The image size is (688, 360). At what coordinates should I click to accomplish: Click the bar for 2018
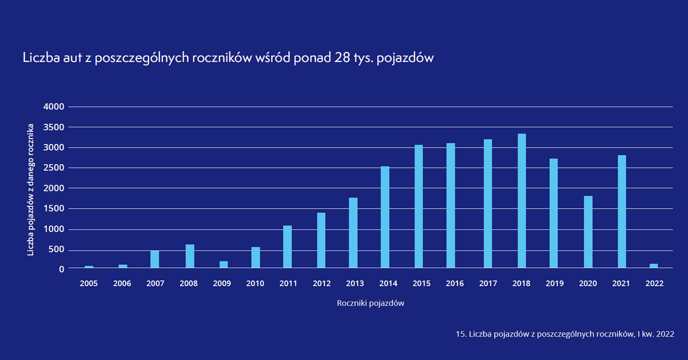[x=522, y=201]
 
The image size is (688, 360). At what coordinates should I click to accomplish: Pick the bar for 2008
[x=190, y=256]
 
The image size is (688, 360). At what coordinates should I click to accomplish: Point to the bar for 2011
[x=287, y=246]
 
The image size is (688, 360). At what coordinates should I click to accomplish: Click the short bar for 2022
[x=654, y=265]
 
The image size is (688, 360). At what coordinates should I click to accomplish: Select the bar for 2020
[x=588, y=232]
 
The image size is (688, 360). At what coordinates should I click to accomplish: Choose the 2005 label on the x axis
[x=89, y=283]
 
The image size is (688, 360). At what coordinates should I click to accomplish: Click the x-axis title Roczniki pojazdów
[x=371, y=303]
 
